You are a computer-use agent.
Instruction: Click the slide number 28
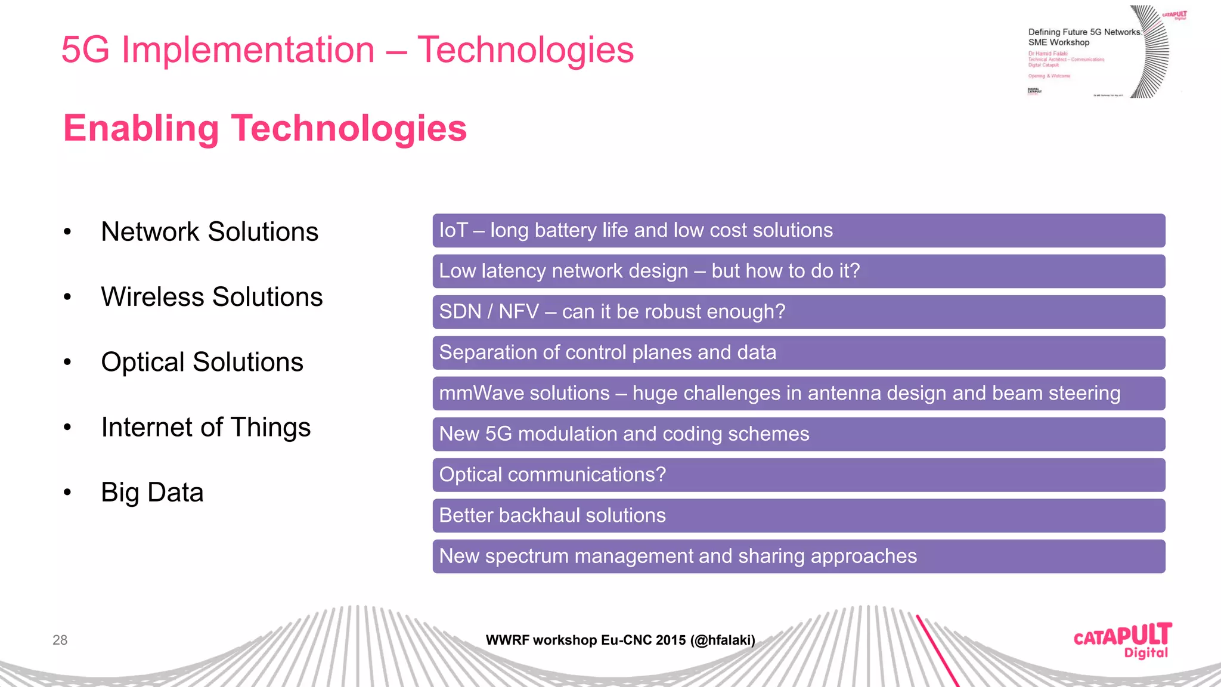coord(60,640)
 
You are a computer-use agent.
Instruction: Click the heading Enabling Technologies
coord(265,128)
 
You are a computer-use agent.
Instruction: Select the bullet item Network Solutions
coord(209,231)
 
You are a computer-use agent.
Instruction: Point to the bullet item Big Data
coord(152,493)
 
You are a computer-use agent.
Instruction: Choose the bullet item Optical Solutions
coord(202,362)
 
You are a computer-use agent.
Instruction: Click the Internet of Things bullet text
coord(206,427)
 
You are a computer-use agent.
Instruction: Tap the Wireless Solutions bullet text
coord(212,297)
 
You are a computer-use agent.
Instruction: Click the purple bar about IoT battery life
coord(798,230)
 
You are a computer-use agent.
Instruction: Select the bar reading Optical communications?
coord(798,475)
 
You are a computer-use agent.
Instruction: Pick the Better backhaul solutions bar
coord(798,515)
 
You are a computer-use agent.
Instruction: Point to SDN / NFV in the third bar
coord(489,311)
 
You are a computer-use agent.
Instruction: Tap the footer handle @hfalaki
coord(723,640)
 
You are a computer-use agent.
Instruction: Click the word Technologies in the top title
coord(525,49)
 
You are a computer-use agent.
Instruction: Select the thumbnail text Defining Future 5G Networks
coord(1084,32)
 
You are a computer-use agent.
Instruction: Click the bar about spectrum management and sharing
coord(798,556)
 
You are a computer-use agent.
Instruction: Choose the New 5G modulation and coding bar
coord(798,434)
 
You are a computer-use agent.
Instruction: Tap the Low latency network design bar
coord(798,271)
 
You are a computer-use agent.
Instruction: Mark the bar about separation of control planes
coord(798,352)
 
